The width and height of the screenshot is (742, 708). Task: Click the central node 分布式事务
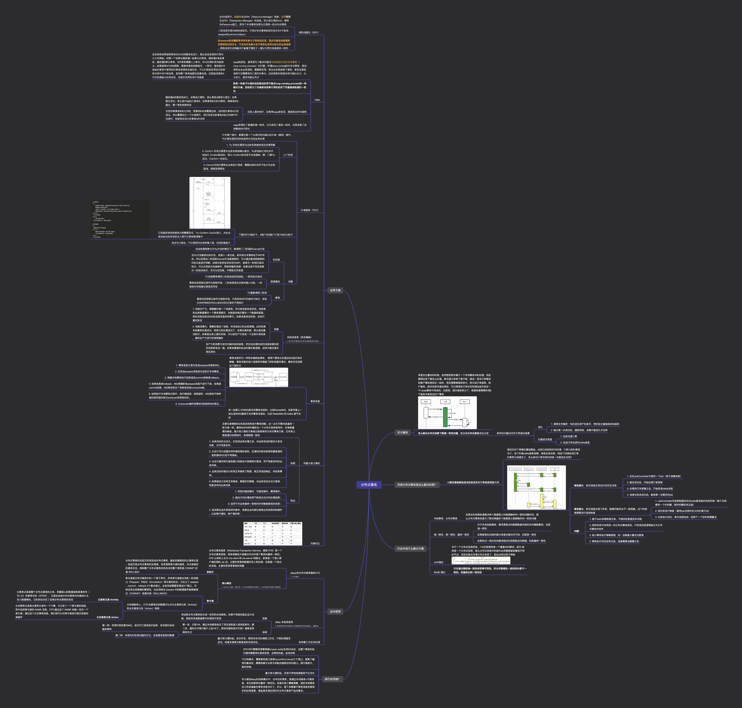pyautogui.click(x=369, y=485)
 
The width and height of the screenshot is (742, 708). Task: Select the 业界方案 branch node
pyautogui.click(x=335, y=290)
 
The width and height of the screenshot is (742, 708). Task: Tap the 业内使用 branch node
pyautogui.click(x=335, y=611)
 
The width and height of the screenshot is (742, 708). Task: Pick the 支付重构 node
pyautogui.click(x=402, y=432)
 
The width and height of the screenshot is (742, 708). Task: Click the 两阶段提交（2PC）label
pyautogui.click(x=308, y=32)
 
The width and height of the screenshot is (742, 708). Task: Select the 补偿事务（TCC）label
pyautogui.click(x=309, y=210)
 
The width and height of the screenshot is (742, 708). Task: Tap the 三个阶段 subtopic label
pyautogui.click(x=288, y=155)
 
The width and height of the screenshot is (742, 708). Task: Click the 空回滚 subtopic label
pyautogui.click(x=276, y=260)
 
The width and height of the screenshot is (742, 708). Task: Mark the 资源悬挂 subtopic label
pyautogui.click(x=275, y=282)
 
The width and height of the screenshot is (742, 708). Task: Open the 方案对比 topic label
pyautogui.click(x=315, y=543)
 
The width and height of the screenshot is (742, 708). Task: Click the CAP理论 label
pyautogui.click(x=439, y=562)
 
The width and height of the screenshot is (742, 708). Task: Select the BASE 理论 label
pyautogui.click(x=439, y=572)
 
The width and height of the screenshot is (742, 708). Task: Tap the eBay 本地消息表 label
pyautogui.click(x=284, y=622)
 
